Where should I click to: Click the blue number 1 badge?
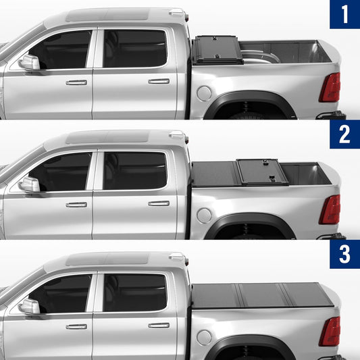pos(345,14)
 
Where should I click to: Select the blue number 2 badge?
pos(345,134)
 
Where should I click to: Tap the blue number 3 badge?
pos(345,254)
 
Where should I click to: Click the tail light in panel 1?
pos(330,87)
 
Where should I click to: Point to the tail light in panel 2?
pos(330,209)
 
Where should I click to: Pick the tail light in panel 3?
pos(330,332)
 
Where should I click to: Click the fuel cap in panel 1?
pos(204,93)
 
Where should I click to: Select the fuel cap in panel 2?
pos(204,215)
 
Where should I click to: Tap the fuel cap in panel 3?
pos(204,338)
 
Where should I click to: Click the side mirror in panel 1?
pos(30,62)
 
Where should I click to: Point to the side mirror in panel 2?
pos(30,184)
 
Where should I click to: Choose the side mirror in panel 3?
pos(30,306)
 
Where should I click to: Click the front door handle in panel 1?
pos(76,82)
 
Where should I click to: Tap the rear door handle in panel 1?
pos(159,81)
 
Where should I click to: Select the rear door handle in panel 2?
pos(159,203)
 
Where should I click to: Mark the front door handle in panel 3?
pos(76,326)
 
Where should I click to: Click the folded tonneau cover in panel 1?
pos(217,50)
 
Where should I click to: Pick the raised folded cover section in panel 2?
pos(263,172)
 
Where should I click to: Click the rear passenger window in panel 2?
pos(135,170)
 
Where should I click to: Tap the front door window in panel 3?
pos(61,294)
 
